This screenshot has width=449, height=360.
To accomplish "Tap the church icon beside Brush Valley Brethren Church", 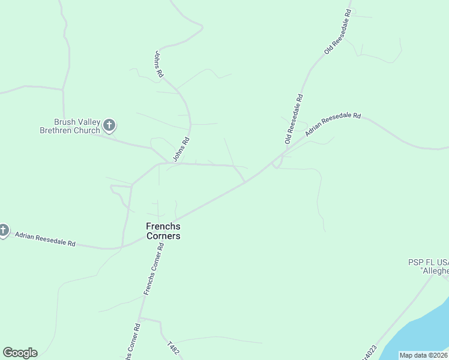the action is tap(109, 125).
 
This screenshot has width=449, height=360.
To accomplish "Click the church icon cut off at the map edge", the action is tap(3, 230).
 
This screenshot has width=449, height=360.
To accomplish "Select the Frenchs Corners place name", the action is tap(163, 231).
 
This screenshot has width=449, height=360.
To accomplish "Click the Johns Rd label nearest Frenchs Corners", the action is tap(181, 149).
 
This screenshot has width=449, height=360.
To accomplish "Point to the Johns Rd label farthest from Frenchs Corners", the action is tap(159, 64).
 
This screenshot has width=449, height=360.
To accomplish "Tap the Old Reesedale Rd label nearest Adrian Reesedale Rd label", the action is tap(295, 119).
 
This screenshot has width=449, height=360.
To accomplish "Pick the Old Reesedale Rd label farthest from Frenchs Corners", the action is tap(337, 32).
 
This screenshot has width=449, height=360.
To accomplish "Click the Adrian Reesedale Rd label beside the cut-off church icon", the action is tap(45, 239).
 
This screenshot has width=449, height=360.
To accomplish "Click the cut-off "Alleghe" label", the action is tap(435, 271).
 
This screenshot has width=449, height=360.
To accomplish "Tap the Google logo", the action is tap(20, 353).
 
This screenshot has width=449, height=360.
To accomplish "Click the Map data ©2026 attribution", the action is tap(423, 355).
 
